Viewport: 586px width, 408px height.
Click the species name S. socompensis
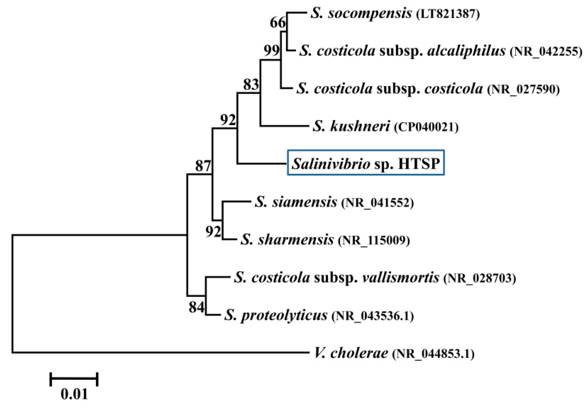click(361, 14)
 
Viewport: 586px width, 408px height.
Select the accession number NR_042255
click(546, 52)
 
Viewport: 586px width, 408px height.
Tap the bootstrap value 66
click(278, 23)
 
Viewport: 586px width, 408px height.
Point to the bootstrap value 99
click(271, 51)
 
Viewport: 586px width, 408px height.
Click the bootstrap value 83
click(251, 85)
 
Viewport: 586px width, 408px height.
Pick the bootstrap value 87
click(203, 166)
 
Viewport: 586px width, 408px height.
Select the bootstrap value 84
click(196, 307)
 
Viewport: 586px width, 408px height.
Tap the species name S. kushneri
click(351, 127)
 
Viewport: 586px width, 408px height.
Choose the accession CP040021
click(426, 127)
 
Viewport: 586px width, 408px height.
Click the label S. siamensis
click(296, 202)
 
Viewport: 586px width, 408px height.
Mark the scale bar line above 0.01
click(74, 379)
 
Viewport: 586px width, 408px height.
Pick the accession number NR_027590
click(523, 90)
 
